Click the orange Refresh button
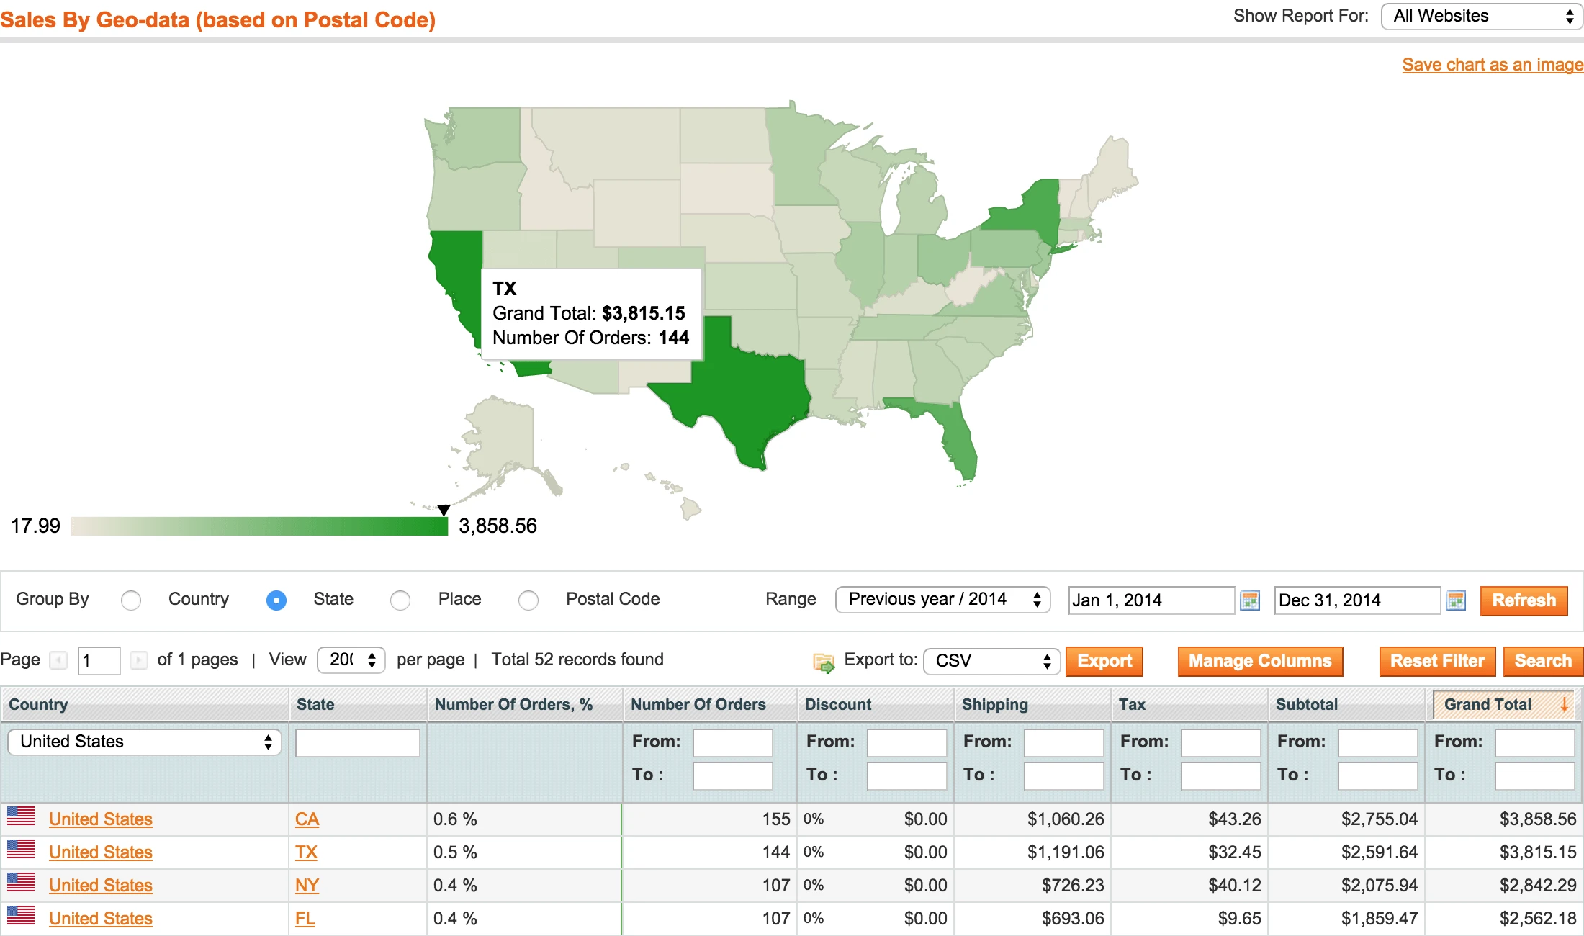pyautogui.click(x=1524, y=600)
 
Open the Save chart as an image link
pyautogui.click(x=1492, y=65)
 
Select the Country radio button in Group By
pyautogui.click(x=131, y=600)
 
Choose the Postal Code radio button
pyautogui.click(x=528, y=600)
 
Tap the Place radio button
pyautogui.click(x=400, y=600)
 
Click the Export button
pyautogui.click(x=1104, y=661)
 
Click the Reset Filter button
pyautogui.click(x=1436, y=661)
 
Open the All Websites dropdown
pyautogui.click(x=1481, y=17)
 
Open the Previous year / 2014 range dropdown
pyautogui.click(x=942, y=600)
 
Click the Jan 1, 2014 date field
pyautogui.click(x=1151, y=600)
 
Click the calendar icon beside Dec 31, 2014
pyautogui.click(x=1456, y=600)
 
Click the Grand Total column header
pyautogui.click(x=1488, y=704)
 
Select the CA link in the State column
pyautogui.click(x=307, y=819)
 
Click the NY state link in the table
pyautogui.click(x=307, y=886)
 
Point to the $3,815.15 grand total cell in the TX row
pyautogui.click(x=1537, y=852)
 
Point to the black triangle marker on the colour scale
pyautogui.click(x=444, y=510)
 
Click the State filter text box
pyautogui.click(x=357, y=742)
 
